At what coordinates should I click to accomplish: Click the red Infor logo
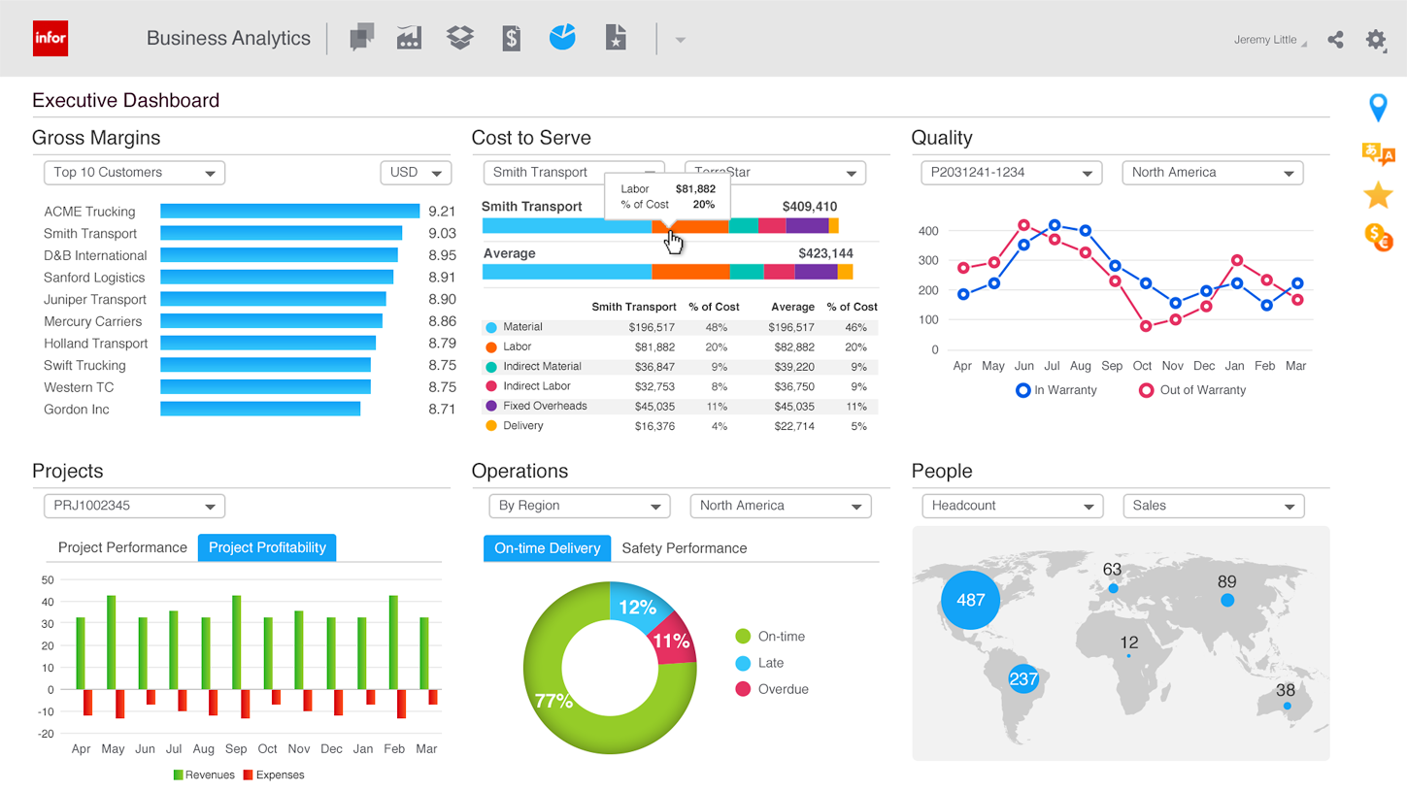pos(50,39)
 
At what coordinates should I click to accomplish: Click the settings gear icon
pos(1375,40)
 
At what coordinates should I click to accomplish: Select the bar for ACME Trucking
pos(289,211)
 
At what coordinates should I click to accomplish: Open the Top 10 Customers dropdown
pos(134,173)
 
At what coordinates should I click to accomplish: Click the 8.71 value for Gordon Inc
pos(442,410)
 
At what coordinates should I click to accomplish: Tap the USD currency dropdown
pos(416,173)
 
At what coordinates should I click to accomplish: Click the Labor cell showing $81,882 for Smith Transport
pos(654,347)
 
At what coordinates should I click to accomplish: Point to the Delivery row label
pos(522,426)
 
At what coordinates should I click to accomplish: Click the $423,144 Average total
pos(825,253)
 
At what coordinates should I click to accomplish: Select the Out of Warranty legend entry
pos(1192,390)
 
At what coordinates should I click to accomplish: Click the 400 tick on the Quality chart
pos(928,231)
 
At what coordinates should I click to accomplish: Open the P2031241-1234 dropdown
pos(1011,173)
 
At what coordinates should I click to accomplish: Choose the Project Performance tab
pos(122,547)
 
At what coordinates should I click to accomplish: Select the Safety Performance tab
pos(684,548)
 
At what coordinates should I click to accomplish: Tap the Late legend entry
pos(770,663)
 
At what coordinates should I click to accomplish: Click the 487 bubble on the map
pos(970,600)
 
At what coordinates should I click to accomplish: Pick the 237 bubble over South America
pos(1023,679)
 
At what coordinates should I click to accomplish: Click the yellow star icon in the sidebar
pos(1378,195)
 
